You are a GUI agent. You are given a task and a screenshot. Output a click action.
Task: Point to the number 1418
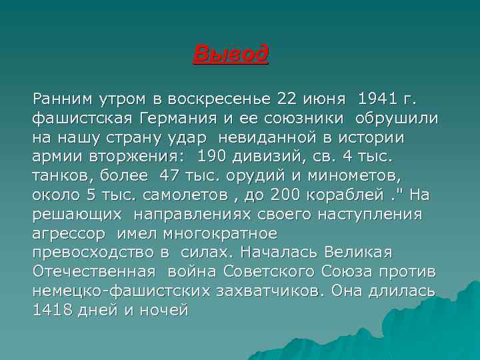pos(53,311)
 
